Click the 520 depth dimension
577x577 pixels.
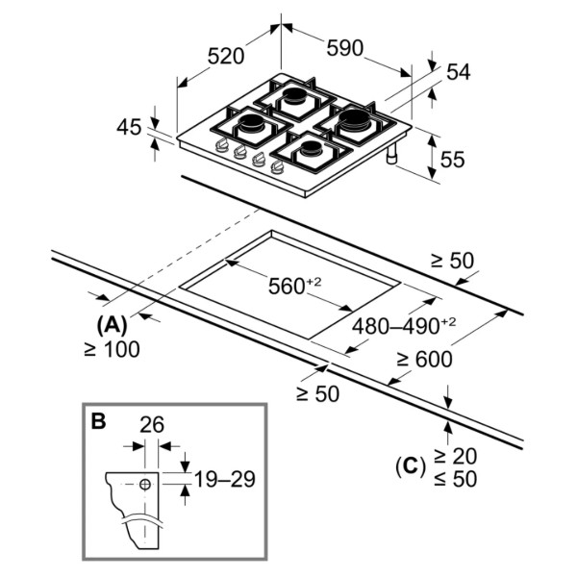coord(226,57)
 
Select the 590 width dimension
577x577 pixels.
coord(345,48)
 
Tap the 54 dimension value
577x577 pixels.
coord(459,72)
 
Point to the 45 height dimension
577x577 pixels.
coord(129,127)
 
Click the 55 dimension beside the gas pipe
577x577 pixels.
coord(452,160)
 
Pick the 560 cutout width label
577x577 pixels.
coord(294,286)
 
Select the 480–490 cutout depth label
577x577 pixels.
coord(404,325)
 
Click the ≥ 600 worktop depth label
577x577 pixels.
coord(424,359)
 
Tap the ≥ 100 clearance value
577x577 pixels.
coord(112,349)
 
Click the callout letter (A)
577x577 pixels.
coord(112,325)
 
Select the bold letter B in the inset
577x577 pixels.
coord(98,421)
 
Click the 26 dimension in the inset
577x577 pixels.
coord(152,425)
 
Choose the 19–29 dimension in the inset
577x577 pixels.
coord(224,480)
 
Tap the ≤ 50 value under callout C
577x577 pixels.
coord(456,479)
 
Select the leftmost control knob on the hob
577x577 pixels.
coord(221,145)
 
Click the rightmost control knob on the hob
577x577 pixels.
coord(277,167)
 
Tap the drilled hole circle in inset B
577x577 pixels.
coord(145,485)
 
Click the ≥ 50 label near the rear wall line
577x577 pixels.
coord(453,261)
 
